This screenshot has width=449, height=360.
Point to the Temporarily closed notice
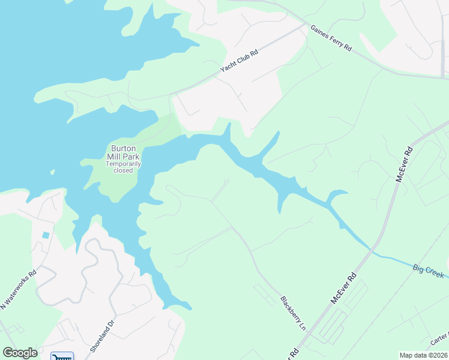(123, 167)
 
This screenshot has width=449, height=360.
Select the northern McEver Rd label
(403, 164)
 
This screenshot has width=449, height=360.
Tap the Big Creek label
(429, 271)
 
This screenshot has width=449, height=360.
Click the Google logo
(20, 353)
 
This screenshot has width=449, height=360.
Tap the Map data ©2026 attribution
(423, 355)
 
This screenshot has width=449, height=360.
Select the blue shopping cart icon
(62, 356)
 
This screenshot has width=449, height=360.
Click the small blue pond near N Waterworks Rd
(46, 235)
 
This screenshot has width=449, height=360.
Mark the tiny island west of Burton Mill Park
(52, 172)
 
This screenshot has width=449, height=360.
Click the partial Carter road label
(439, 340)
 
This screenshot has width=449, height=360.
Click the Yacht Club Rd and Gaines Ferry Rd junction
(306, 26)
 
